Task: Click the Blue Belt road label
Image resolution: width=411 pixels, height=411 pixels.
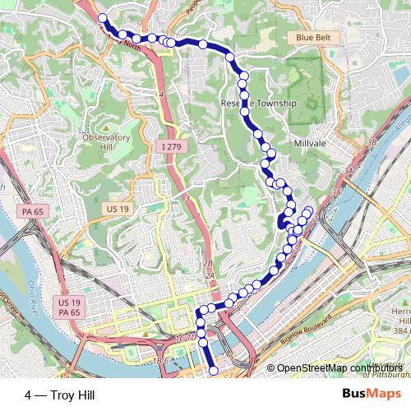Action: (313, 38)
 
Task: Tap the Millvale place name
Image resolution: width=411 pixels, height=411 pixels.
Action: (309, 142)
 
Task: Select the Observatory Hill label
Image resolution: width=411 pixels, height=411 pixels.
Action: (106, 142)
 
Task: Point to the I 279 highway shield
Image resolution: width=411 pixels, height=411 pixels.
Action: (169, 146)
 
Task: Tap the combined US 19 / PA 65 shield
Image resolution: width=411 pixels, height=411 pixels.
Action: (69, 307)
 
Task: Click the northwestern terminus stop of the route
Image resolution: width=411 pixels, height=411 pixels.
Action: (102, 18)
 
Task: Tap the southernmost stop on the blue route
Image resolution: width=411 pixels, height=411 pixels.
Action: (213, 371)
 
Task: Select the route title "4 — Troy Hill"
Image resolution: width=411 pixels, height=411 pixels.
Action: (59, 395)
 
